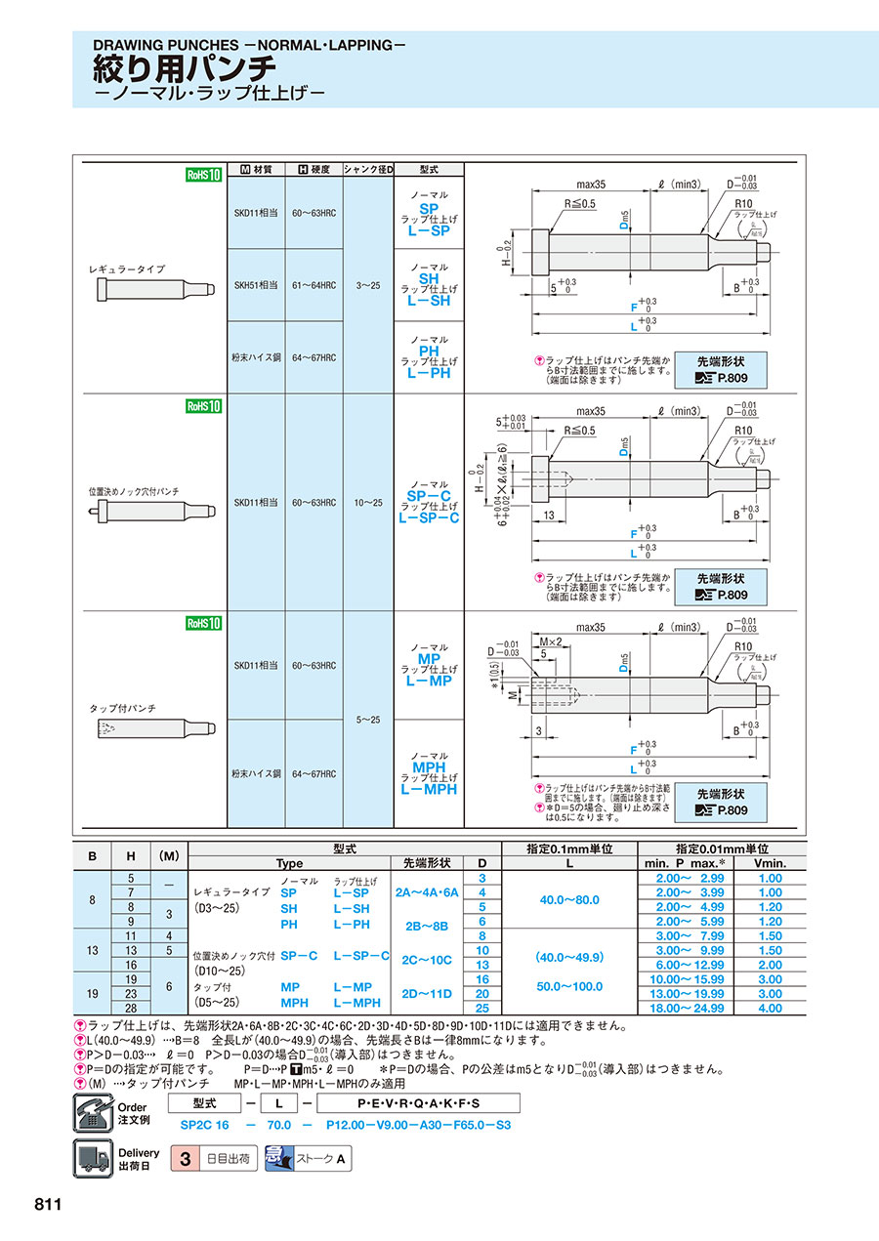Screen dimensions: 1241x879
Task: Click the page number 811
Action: [x=49, y=1204]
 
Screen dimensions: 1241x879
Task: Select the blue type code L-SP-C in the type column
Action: [x=428, y=517]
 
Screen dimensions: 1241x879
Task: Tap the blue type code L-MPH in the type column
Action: [x=428, y=789]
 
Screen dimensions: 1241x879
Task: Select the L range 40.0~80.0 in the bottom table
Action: [x=568, y=899]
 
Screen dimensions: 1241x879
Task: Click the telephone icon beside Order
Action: [x=94, y=1113]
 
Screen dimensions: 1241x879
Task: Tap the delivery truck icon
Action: [x=94, y=1159]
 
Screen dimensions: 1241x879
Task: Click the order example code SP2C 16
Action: [x=203, y=1126]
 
